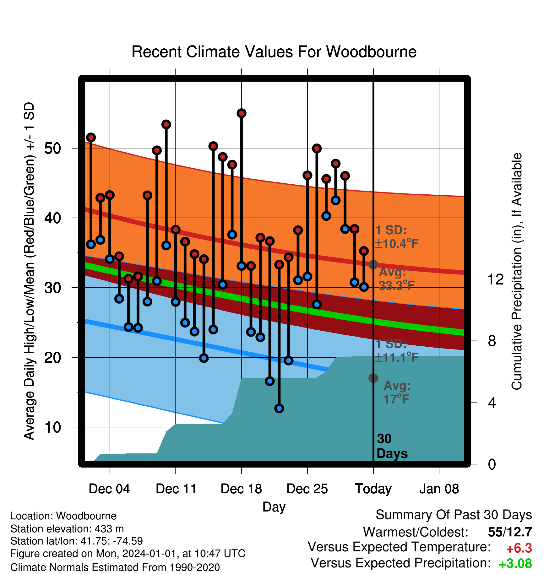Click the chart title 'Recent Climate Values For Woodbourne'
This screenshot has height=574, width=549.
(274, 52)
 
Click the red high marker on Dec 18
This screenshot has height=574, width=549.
(242, 113)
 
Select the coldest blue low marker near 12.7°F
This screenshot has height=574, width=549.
(279, 409)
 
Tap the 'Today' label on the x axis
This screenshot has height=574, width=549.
(373, 489)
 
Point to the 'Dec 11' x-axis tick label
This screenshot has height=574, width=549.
(176, 489)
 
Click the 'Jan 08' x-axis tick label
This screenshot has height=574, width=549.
(439, 489)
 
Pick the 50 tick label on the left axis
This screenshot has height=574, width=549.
(53, 148)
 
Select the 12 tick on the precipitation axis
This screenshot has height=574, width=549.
(495, 279)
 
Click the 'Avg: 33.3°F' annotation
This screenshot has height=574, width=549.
(397, 279)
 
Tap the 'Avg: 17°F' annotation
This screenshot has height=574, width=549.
(397, 393)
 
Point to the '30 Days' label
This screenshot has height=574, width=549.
(392, 446)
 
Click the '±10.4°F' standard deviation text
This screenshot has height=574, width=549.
(397, 244)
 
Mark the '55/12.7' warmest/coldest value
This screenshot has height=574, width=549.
(510, 532)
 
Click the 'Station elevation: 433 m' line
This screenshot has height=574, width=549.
(67, 529)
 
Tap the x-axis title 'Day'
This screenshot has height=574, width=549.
(274, 507)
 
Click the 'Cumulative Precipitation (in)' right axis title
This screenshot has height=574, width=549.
(517, 272)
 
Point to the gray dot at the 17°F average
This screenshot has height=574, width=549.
(373, 378)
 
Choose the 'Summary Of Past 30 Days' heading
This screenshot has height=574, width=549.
(454, 515)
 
